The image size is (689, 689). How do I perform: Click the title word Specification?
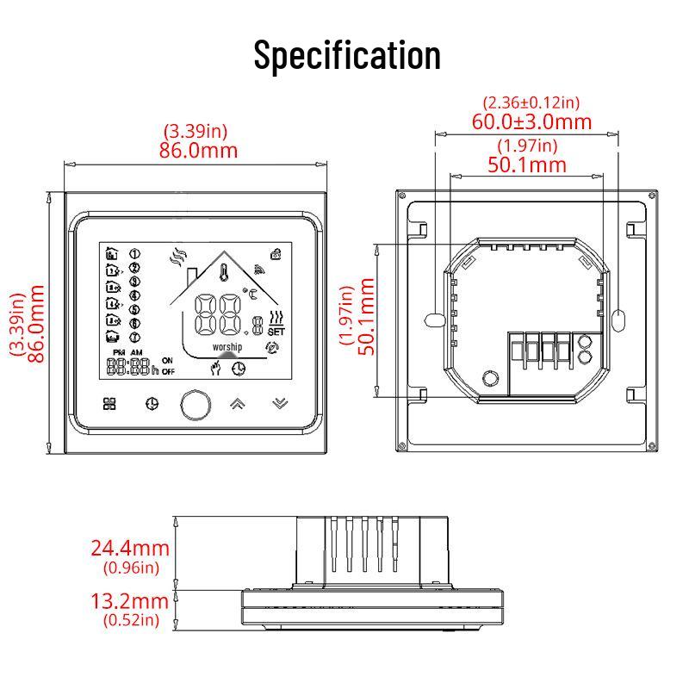346,54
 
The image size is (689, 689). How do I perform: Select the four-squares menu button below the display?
109,403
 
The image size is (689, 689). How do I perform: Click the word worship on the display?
227,346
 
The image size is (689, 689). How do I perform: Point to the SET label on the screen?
276,331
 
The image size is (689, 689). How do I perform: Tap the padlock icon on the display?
276,253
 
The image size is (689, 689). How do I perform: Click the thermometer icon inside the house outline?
223,275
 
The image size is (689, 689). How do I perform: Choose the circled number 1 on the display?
134,254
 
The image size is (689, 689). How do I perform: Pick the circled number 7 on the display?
134,336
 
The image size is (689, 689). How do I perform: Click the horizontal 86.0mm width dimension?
198,150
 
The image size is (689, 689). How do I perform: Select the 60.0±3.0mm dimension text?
531,121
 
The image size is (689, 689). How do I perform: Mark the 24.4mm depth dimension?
130,548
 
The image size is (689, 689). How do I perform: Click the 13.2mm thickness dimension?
130,600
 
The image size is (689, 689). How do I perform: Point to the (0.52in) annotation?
130,619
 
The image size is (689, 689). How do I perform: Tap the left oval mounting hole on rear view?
433,320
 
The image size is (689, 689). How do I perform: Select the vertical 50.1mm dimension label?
365,320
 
